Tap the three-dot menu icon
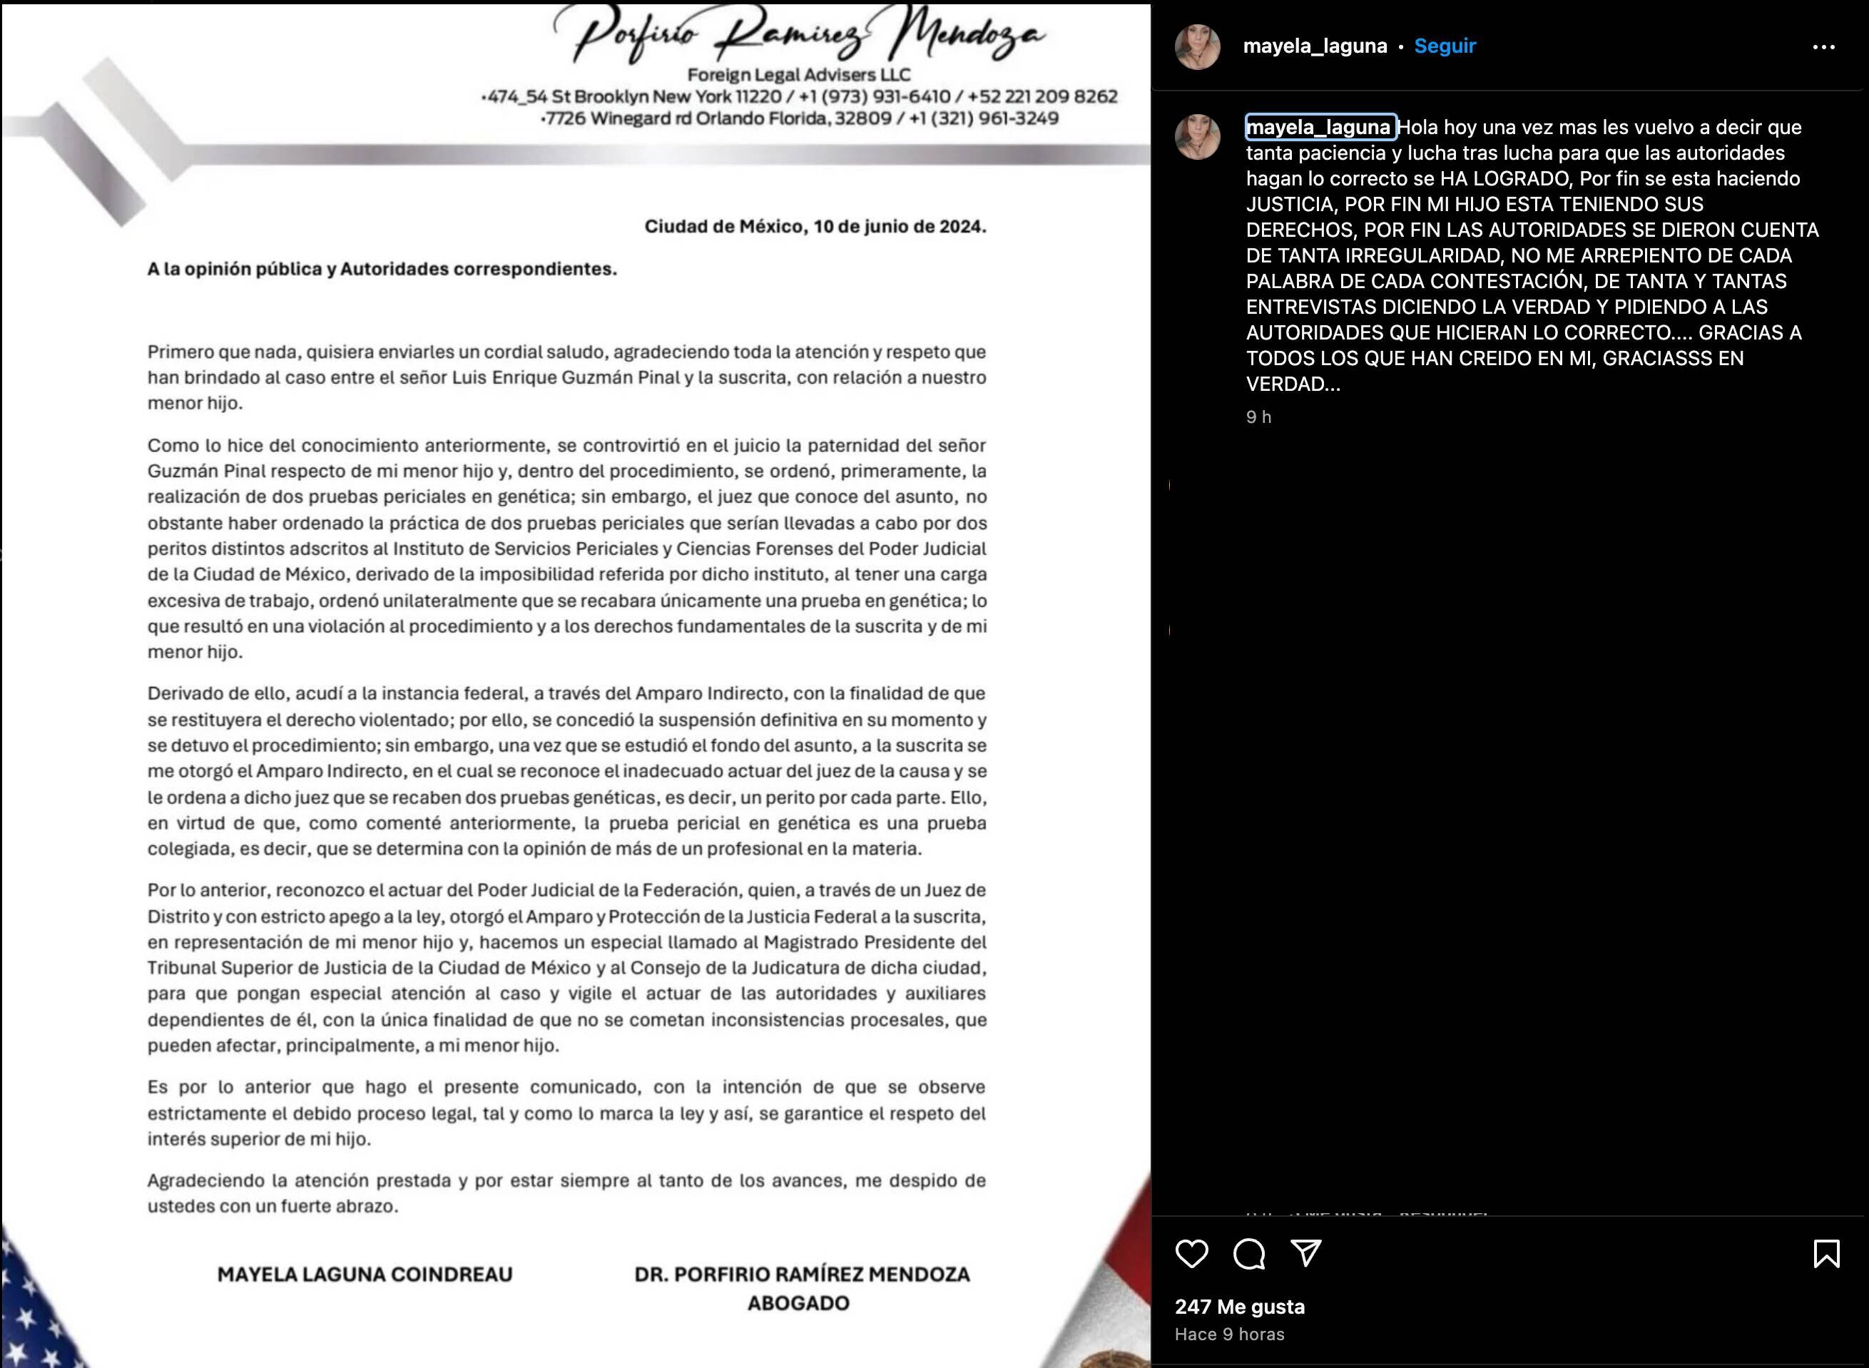[1823, 47]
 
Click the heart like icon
[1191, 1254]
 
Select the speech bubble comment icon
[1249, 1254]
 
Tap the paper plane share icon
[1306, 1253]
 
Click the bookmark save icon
[1826, 1254]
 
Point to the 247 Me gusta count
[1239, 1307]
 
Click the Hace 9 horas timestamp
[1229, 1334]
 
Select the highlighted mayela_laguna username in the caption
[1319, 127]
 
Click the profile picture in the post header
[1198, 47]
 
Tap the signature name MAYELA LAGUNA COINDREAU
[365, 1274]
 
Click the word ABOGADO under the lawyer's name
[798, 1302]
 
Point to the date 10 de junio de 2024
[900, 226]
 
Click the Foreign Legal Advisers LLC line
[798, 74]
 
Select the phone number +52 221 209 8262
[1042, 97]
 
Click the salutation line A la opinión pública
[382, 269]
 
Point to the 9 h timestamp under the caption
[1258, 417]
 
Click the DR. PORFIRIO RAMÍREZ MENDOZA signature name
[802, 1274]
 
